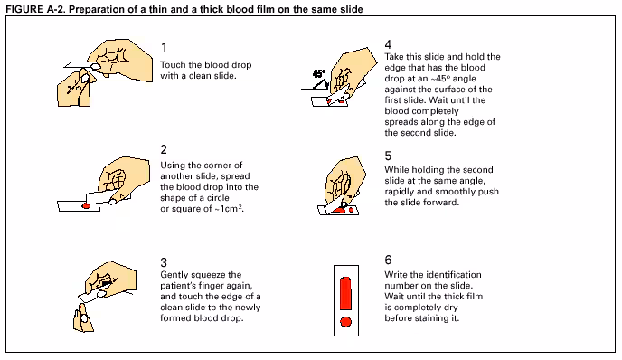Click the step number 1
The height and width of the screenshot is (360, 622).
click(164, 48)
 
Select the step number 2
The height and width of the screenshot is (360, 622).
click(164, 149)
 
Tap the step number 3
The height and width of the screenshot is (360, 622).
click(164, 262)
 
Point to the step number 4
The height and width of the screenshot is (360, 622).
click(389, 44)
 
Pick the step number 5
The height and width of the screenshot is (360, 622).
click(389, 156)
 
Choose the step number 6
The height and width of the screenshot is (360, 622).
click(389, 260)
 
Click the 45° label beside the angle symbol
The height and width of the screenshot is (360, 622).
click(319, 74)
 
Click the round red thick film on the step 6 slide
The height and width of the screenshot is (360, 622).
click(346, 321)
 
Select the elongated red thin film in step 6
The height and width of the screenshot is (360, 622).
click(346, 293)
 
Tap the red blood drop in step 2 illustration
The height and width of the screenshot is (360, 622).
click(86, 205)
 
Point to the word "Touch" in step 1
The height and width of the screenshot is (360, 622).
click(173, 65)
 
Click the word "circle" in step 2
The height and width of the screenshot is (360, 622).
click(218, 198)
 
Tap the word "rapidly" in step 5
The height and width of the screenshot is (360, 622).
click(399, 192)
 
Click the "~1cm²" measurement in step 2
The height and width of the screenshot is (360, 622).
click(230, 208)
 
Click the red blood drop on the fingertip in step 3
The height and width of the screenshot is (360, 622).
click(81, 308)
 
